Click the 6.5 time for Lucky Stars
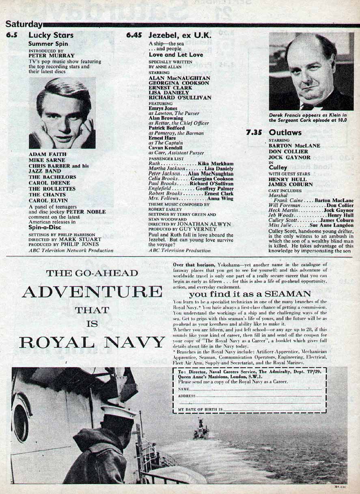[12, 35]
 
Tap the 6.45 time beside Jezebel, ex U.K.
[134, 35]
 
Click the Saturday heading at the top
[24, 24]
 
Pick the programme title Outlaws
[285, 132]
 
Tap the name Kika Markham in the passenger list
[216, 163]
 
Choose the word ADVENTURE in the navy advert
[92, 291]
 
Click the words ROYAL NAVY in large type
[92, 343]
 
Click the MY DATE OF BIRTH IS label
[201, 410]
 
